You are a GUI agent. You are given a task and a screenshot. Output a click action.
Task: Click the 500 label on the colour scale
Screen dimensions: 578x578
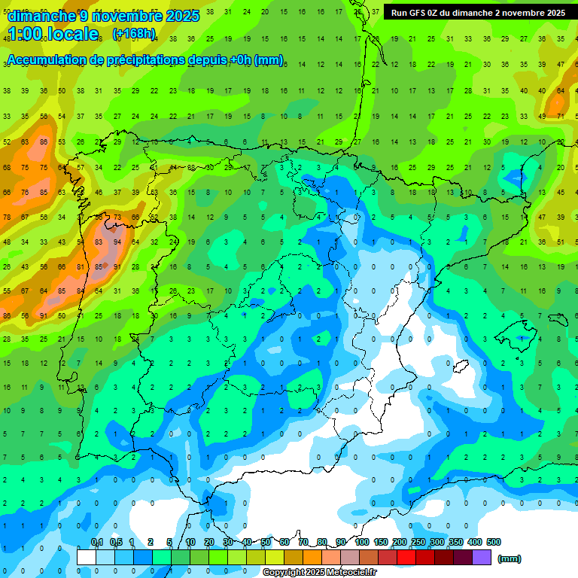(x=494, y=543)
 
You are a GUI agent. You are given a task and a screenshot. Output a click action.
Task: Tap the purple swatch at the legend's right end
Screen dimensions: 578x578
(x=482, y=557)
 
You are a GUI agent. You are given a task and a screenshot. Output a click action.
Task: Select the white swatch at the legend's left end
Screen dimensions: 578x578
(x=87, y=557)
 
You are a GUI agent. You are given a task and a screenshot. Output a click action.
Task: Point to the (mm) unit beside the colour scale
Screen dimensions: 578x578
(x=510, y=558)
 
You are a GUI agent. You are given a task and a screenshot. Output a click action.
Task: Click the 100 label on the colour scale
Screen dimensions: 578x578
(x=362, y=543)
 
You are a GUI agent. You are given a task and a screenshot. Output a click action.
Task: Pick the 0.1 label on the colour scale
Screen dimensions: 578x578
(x=96, y=543)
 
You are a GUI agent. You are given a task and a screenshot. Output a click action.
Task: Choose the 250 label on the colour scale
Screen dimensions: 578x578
(x=418, y=543)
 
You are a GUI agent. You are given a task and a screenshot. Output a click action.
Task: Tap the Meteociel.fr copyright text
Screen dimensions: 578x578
(x=319, y=573)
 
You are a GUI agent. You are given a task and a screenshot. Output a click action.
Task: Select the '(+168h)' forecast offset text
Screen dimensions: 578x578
(x=134, y=34)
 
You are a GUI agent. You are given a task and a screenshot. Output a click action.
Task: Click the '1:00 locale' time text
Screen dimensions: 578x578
(x=54, y=34)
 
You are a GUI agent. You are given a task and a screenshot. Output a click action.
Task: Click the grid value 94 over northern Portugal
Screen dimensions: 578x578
(x=117, y=242)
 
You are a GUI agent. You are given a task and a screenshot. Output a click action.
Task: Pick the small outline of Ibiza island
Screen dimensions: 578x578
(x=461, y=367)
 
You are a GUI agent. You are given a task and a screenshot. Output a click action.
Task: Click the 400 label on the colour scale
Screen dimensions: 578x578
(x=474, y=543)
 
